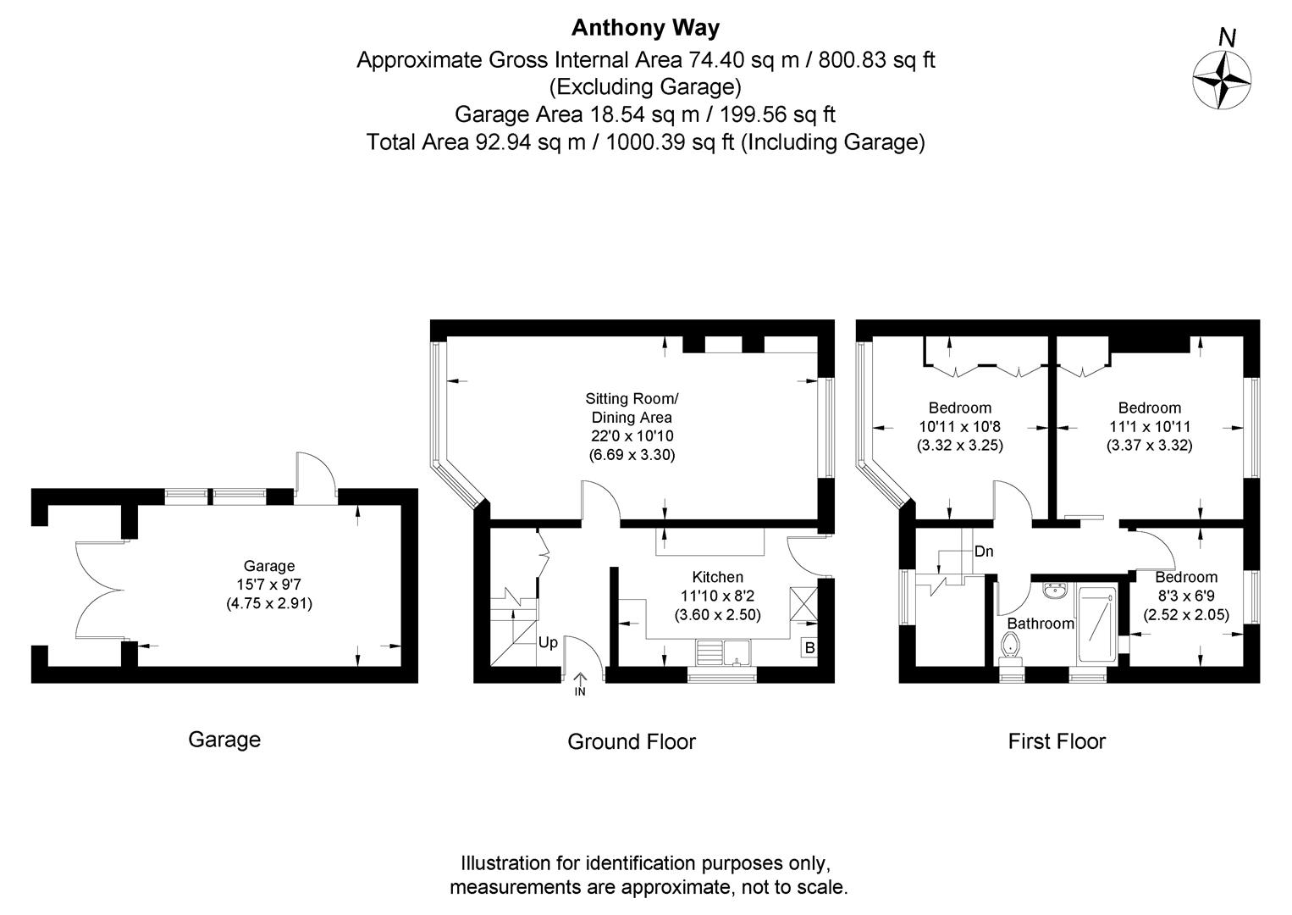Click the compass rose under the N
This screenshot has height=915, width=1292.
[1222, 80]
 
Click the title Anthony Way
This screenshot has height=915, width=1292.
[645, 28]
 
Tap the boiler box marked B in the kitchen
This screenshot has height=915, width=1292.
[809, 648]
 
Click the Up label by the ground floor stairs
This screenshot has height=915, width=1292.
[548, 643]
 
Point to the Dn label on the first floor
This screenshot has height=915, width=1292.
[983, 552]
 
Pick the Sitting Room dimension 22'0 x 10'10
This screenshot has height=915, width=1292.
[632, 436]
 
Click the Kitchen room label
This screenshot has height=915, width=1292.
[717, 578]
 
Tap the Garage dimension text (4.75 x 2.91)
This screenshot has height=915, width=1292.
[269, 604]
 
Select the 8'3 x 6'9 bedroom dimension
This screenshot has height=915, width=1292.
[1186, 596]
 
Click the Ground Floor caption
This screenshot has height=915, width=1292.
[631, 742]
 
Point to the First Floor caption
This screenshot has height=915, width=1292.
[1056, 742]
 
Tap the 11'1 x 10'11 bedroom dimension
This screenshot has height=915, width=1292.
[1149, 427]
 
